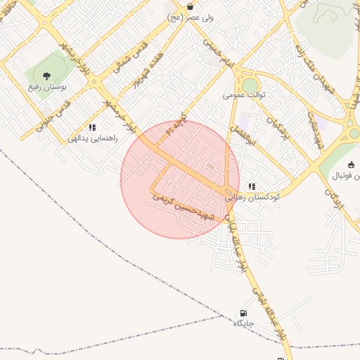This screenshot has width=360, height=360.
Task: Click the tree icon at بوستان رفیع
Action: click(x=46, y=75)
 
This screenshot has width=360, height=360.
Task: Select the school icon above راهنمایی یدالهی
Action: click(x=91, y=127)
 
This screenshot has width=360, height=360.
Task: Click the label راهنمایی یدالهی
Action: click(x=89, y=139)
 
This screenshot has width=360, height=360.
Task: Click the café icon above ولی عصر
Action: click(x=190, y=6)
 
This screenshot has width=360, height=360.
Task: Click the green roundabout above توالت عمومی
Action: click(x=250, y=84)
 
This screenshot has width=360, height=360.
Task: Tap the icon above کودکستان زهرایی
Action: click(x=252, y=187)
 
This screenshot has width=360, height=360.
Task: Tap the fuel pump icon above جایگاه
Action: click(x=243, y=314)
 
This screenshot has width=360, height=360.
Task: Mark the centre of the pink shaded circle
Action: click(x=180, y=180)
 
